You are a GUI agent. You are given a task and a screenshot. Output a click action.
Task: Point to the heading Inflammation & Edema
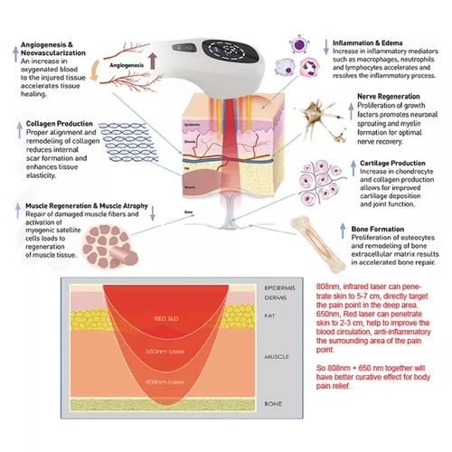tap(370, 42)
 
